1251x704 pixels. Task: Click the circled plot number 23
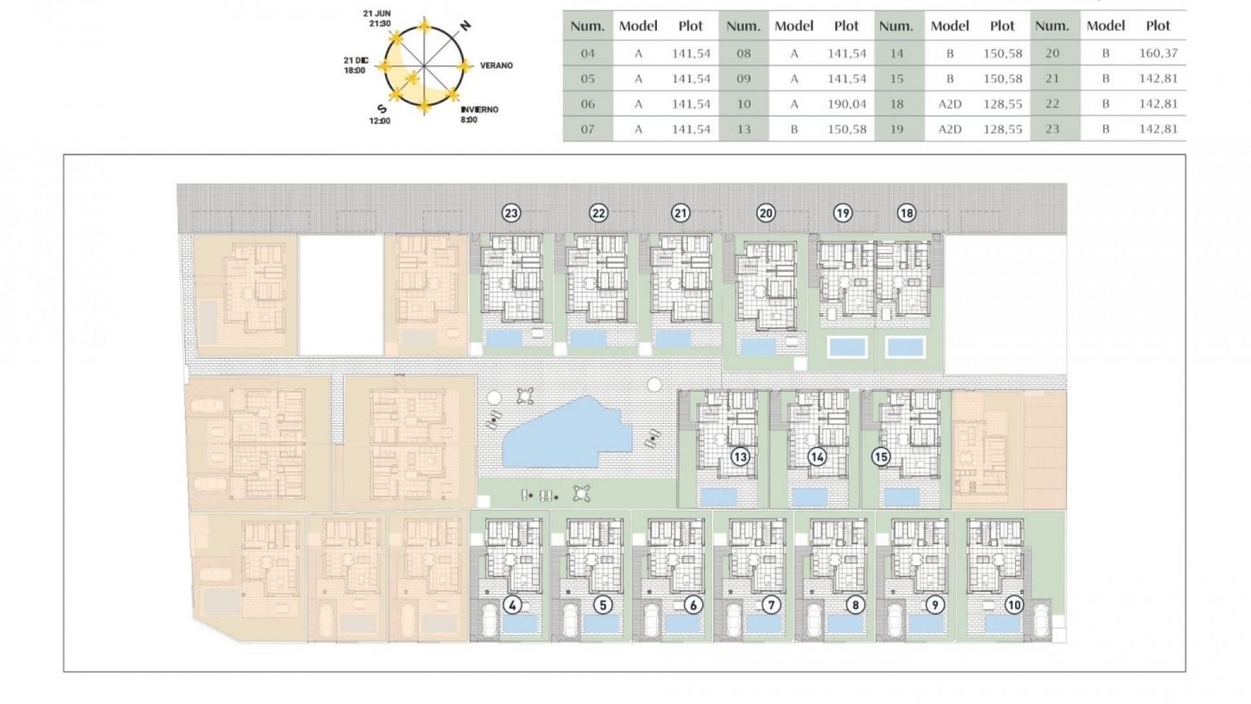click(x=511, y=213)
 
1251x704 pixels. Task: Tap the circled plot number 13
click(x=740, y=457)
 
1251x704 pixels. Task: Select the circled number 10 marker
click(x=1014, y=605)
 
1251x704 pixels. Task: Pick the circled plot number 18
click(x=906, y=213)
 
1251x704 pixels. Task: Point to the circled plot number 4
click(x=513, y=605)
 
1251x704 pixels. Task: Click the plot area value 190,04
click(x=846, y=104)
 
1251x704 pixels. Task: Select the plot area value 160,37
click(x=1158, y=53)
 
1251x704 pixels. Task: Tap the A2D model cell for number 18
click(x=949, y=104)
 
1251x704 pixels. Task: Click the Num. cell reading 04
click(x=588, y=53)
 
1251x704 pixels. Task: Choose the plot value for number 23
click(x=1158, y=129)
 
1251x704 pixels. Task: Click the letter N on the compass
click(x=465, y=26)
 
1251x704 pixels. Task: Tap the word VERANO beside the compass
click(x=496, y=66)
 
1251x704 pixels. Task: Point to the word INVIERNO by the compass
click(x=479, y=110)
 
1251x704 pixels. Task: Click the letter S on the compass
click(x=382, y=109)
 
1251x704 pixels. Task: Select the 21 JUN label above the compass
click(x=377, y=14)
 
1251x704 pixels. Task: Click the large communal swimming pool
click(x=567, y=435)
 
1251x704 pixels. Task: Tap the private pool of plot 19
click(x=847, y=347)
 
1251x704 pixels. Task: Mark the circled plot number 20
click(x=766, y=213)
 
